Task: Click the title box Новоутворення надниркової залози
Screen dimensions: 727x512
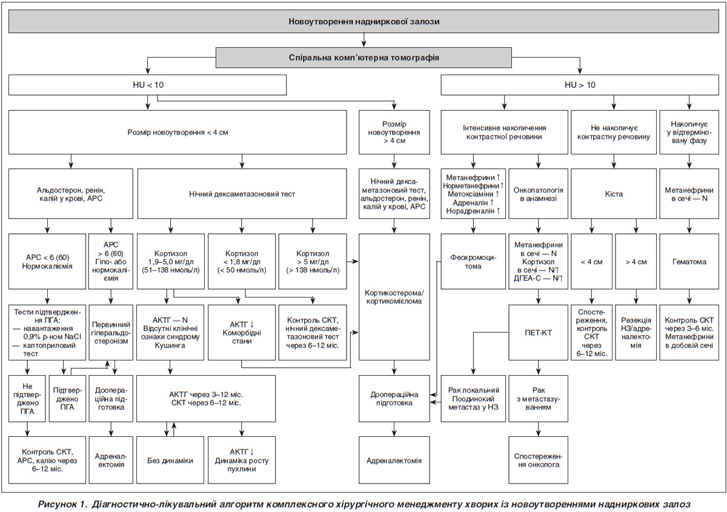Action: tap(363, 21)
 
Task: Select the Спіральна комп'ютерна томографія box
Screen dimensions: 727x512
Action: tap(363, 58)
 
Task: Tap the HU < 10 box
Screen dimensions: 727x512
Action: tap(147, 85)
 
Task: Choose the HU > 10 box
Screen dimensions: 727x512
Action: tap(580, 85)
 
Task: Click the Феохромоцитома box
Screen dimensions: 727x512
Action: tap(473, 261)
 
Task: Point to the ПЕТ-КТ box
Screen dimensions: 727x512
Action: tap(538, 333)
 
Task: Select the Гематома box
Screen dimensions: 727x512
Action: tap(689, 261)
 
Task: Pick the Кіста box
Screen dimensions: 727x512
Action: tap(613, 194)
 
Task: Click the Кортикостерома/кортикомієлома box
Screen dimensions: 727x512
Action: tap(394, 297)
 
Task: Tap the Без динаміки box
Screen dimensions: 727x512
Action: tap(170, 460)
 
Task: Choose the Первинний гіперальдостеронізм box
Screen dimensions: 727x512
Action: tap(111, 333)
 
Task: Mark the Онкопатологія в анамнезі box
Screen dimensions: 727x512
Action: tap(538, 194)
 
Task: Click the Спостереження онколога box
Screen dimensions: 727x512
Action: tap(538, 460)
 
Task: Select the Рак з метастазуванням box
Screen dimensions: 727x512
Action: tap(538, 399)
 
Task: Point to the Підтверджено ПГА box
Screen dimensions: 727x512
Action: tap(67, 399)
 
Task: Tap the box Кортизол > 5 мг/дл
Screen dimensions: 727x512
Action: tap(313, 261)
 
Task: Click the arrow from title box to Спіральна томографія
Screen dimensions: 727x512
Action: tap(363, 40)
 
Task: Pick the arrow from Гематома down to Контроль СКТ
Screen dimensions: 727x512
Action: tap(689, 297)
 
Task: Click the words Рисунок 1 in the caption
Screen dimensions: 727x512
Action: tap(62, 504)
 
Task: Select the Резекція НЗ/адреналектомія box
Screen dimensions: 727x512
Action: tap(636, 333)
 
